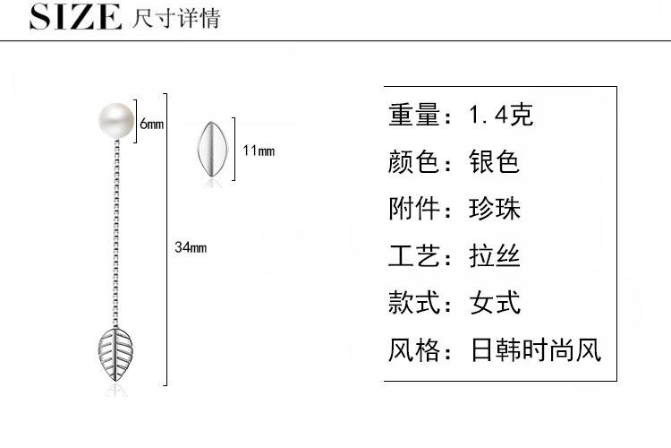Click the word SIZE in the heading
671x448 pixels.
point(75,17)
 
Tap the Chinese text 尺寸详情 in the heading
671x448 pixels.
point(175,18)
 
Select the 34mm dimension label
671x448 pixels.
point(190,247)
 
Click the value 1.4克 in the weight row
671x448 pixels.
point(501,116)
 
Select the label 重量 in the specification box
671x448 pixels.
point(414,116)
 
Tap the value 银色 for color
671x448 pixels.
point(495,162)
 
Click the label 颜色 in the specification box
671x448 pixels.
point(414,162)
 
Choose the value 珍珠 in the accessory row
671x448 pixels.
point(495,209)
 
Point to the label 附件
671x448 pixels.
point(414,209)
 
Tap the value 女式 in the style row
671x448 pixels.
point(495,302)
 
